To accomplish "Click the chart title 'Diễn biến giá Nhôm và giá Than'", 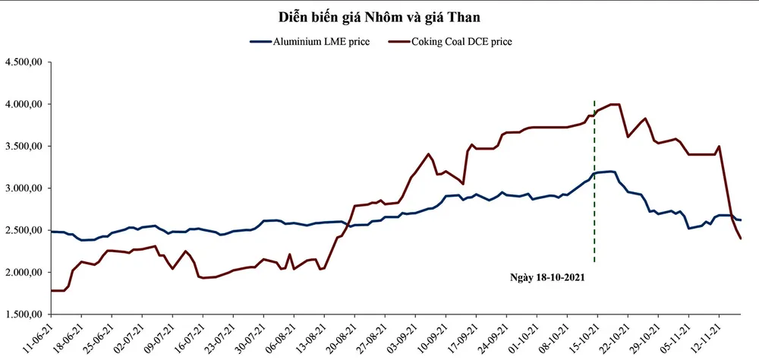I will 379,16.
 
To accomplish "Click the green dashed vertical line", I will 594,190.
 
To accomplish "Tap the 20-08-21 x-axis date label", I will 342,338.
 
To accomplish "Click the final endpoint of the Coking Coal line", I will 741,239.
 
